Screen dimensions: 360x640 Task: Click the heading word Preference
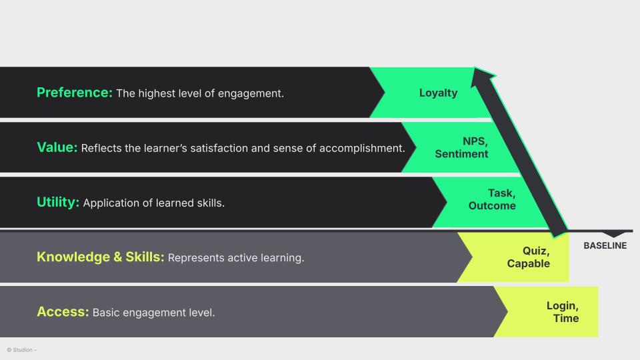pyautogui.click(x=74, y=93)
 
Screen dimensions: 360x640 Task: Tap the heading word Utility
pyautogui.click(x=58, y=202)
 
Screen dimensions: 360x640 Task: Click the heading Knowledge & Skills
pyautogui.click(x=100, y=257)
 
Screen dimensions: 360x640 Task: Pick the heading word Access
pyautogui.click(x=63, y=311)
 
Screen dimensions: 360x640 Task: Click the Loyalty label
pyautogui.click(x=438, y=93)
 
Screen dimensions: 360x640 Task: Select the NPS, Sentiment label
pyautogui.click(x=462, y=147)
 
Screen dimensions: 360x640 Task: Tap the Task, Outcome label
pyautogui.click(x=492, y=199)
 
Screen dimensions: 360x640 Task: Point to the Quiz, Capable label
pyautogui.click(x=529, y=257)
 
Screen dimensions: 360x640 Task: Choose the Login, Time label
pyautogui.click(x=563, y=311)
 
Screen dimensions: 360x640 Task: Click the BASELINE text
pyautogui.click(x=605, y=245)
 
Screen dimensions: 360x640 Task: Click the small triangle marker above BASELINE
pyautogui.click(x=614, y=234)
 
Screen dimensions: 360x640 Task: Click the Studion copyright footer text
pyautogui.click(x=22, y=350)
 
